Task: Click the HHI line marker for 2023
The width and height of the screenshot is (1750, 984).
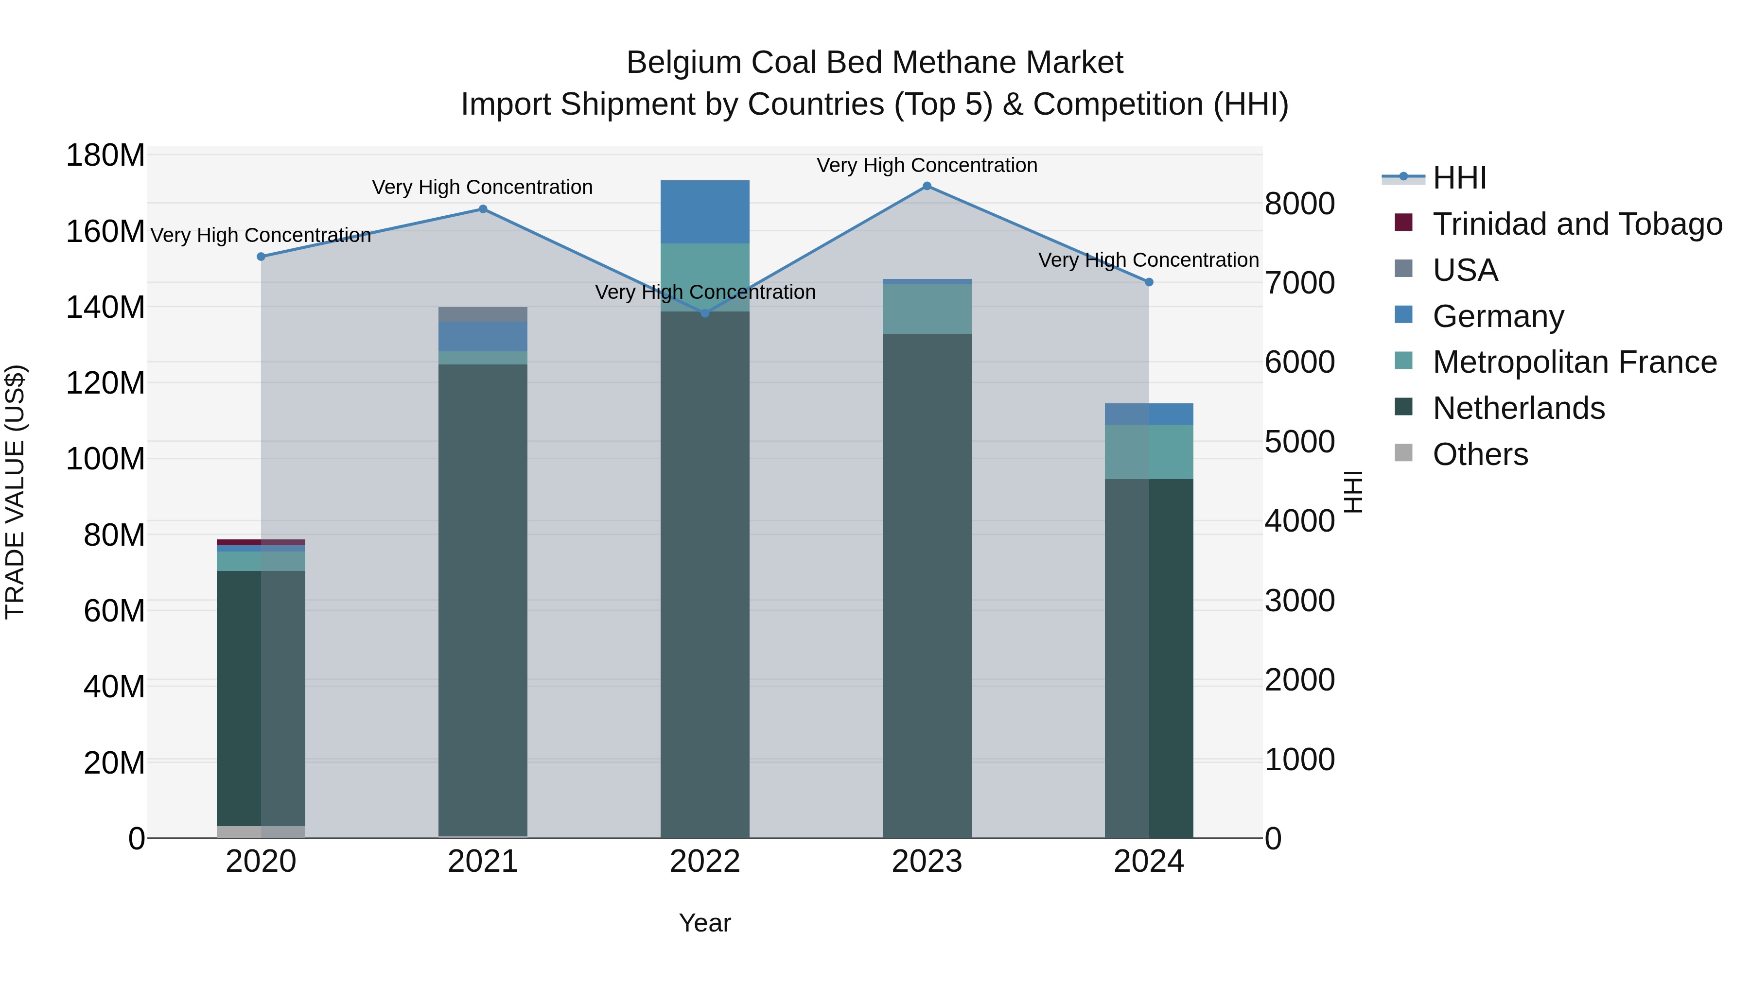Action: [x=927, y=186]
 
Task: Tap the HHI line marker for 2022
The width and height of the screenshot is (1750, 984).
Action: [x=704, y=313]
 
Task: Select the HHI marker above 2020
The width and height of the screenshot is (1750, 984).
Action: [x=261, y=257]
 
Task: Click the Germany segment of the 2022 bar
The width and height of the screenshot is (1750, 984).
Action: [x=704, y=212]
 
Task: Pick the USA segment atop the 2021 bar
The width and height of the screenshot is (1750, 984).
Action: [x=482, y=314]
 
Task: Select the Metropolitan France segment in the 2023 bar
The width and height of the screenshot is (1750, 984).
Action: [x=927, y=309]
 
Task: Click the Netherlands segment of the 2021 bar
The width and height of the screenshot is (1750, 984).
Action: [x=482, y=598]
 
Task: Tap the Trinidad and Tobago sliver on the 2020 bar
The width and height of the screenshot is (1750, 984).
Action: [x=261, y=542]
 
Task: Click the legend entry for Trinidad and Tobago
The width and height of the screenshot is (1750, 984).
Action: [x=1576, y=224]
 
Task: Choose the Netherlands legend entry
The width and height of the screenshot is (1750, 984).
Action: [x=1518, y=408]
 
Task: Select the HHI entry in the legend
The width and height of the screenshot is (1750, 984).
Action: [x=1459, y=178]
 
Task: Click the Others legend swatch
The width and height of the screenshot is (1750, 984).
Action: [x=1403, y=453]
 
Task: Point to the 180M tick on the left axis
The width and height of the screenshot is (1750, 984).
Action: [x=105, y=155]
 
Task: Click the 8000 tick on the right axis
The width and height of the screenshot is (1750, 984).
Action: [x=1299, y=203]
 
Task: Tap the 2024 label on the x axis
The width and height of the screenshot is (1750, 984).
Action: [x=1148, y=862]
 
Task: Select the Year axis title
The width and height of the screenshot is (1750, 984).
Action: [x=704, y=923]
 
